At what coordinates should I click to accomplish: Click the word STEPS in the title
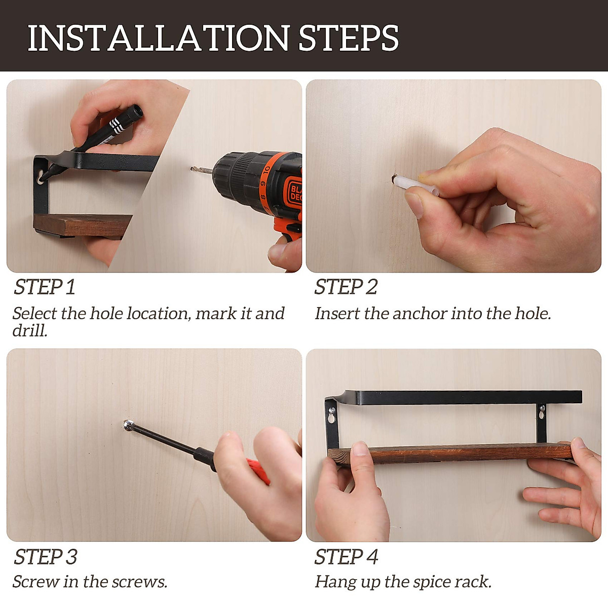[349, 38]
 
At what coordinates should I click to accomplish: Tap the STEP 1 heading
[45, 287]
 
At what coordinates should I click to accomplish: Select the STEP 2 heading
[346, 287]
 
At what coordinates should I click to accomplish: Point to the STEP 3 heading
[46, 556]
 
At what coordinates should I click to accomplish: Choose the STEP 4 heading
[346, 556]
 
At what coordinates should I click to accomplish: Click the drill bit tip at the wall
[192, 169]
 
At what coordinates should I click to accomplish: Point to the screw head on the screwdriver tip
[128, 425]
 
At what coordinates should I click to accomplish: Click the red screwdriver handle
[259, 471]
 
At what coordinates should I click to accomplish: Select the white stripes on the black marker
[116, 125]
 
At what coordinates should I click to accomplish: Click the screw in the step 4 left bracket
[332, 410]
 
